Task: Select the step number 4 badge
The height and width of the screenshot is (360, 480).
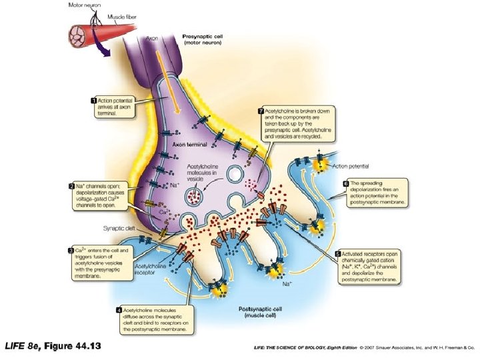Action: coord(119,309)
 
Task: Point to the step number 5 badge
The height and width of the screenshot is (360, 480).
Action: coord(337,253)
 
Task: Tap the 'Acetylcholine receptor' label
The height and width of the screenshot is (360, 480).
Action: coord(151,268)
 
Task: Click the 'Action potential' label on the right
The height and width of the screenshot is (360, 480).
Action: coord(350,166)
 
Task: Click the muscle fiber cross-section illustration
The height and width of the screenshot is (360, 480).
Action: coord(79,33)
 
